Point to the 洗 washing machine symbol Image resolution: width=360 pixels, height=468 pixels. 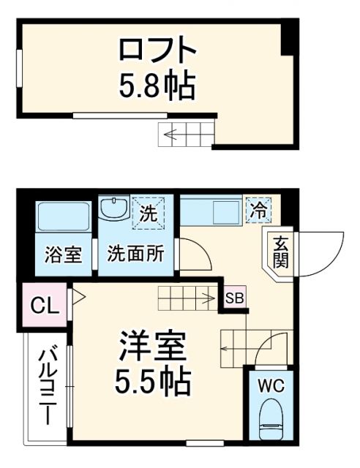[x=149, y=215]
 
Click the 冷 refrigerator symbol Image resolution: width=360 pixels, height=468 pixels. [x=258, y=210]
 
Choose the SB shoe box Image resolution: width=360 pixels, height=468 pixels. [x=235, y=298]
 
